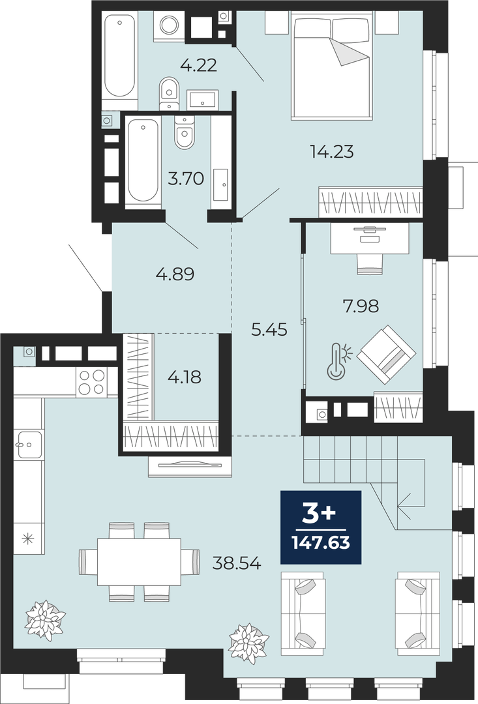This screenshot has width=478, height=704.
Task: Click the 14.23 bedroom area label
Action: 332,152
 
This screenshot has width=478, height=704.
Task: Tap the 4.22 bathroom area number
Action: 198,66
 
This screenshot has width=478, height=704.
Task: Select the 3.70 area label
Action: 186,179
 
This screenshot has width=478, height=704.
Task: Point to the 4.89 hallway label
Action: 175,273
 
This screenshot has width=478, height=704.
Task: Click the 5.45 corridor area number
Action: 269,330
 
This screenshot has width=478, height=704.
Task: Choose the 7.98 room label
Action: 361,306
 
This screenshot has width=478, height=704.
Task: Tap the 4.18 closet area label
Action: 185,377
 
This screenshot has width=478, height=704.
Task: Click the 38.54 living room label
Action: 237,563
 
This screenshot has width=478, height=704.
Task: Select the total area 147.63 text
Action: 321,543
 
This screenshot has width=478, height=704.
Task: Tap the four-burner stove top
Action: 92,382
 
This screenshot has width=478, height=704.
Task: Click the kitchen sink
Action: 29,445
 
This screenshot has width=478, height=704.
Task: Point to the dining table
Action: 140,562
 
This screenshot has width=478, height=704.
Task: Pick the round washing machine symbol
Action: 170,25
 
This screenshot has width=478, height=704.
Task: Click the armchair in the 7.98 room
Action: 386,355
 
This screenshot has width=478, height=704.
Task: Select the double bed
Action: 332,66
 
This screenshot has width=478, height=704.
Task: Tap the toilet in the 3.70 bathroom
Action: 184,132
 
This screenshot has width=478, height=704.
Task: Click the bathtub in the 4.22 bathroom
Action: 119,55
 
